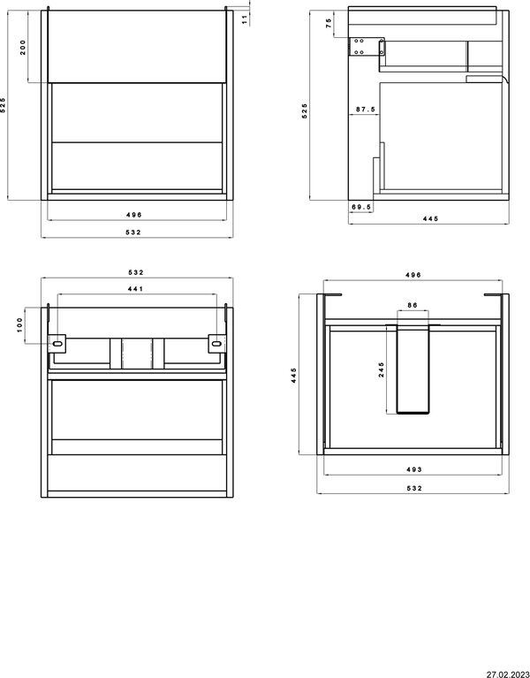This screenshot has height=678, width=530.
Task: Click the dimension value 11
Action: click(245, 19)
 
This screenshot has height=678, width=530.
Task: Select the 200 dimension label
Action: click(23, 47)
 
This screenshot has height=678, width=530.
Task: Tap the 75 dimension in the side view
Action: click(329, 23)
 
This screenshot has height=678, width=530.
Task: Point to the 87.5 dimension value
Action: click(366, 110)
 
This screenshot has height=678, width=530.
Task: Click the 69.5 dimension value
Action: click(361, 207)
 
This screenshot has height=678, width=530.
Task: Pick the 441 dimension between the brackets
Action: click(135, 289)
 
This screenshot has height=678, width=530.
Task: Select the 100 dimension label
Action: click(19, 325)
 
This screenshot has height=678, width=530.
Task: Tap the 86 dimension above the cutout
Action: click(413, 305)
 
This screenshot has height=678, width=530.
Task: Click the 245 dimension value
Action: click(382, 369)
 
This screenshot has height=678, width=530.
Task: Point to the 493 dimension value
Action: click(413, 469)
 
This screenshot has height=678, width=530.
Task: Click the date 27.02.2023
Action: click(508, 674)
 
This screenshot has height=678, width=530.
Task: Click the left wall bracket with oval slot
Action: click(57, 344)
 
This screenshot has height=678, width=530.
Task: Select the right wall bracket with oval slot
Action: click(216, 344)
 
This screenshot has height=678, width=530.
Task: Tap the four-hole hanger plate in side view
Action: click(358, 46)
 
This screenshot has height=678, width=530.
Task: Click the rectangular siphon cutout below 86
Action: click(413, 369)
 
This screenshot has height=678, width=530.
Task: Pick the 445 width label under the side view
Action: click(430, 219)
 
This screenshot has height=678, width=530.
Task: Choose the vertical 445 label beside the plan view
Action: click(294, 376)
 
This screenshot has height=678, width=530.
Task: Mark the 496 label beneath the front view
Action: click(134, 215)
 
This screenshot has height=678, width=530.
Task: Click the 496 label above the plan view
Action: click(413, 275)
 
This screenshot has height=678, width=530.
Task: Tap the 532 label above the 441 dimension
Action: click(136, 272)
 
